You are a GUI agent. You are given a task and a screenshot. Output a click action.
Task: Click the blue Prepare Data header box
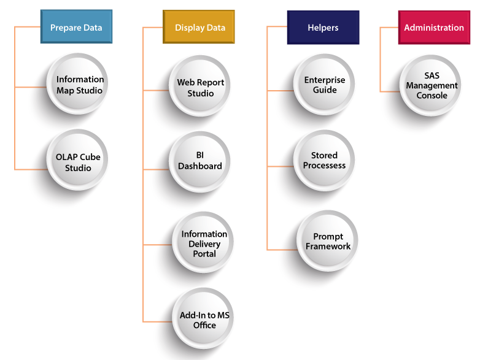pyautogui.click(x=76, y=28)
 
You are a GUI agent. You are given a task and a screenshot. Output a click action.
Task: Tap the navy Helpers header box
pyautogui.click(x=323, y=28)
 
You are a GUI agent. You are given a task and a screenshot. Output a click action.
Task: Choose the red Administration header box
pyautogui.click(x=433, y=28)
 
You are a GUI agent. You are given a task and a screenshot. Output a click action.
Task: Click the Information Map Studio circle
pyautogui.click(x=80, y=85)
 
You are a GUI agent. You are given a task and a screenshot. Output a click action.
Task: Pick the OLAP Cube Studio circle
pyautogui.click(x=78, y=163)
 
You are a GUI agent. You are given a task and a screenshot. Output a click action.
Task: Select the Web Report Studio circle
pyautogui.click(x=201, y=88)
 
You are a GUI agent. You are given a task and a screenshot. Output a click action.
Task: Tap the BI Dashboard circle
pyautogui.click(x=200, y=161)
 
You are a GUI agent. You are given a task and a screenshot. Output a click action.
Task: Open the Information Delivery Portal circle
pyautogui.click(x=204, y=243)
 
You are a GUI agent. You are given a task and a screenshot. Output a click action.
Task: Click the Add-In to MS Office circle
pyautogui.click(x=204, y=320)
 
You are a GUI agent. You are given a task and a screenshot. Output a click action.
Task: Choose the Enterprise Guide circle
pyautogui.click(x=325, y=85)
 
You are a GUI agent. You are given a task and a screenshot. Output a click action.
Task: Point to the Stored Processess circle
pyautogui.click(x=324, y=161)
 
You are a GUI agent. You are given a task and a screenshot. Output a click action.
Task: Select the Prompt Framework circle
pyautogui.click(x=328, y=241)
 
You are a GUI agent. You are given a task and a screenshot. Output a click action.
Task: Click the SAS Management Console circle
pyautogui.click(x=432, y=86)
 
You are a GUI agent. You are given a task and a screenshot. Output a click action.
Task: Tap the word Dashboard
pyautogui.click(x=200, y=166)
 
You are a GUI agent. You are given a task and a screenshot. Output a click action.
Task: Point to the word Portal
pyautogui.click(x=204, y=254)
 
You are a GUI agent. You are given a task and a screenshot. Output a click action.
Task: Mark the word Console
pyautogui.click(x=432, y=96)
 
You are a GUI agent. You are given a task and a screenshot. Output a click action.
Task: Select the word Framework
pyautogui.click(x=328, y=247)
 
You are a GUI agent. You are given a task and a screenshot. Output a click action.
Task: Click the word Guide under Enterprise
pyautogui.click(x=325, y=90)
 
